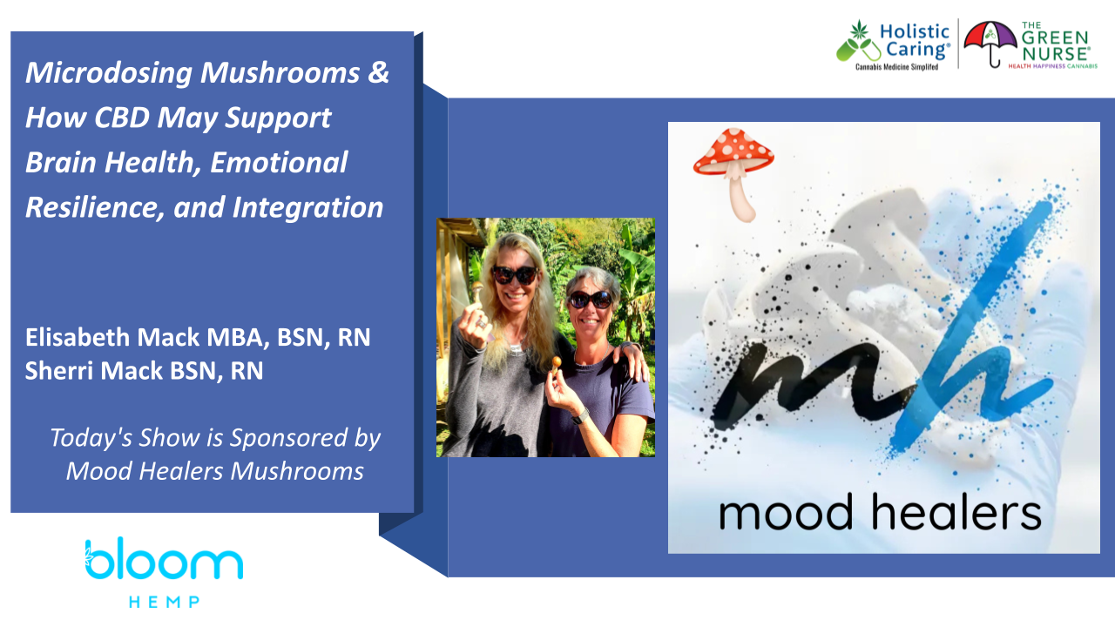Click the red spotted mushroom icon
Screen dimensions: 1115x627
coord(734,172)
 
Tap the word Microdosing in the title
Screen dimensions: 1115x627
coord(109,73)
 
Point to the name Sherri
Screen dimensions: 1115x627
coord(59,371)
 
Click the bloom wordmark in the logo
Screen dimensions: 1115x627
coord(165,558)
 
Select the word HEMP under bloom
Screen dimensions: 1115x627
coord(165,602)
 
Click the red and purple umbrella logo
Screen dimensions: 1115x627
coord(990,44)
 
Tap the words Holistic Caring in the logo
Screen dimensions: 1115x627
coord(915,40)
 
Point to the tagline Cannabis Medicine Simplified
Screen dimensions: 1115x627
coord(896,67)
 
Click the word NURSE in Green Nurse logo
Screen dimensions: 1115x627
coord(1055,54)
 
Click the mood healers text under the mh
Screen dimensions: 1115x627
coord(880,513)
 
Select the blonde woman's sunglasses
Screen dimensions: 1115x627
coord(515,274)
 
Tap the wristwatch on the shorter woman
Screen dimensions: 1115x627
coord(580,416)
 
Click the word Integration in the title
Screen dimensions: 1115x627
coord(307,207)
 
